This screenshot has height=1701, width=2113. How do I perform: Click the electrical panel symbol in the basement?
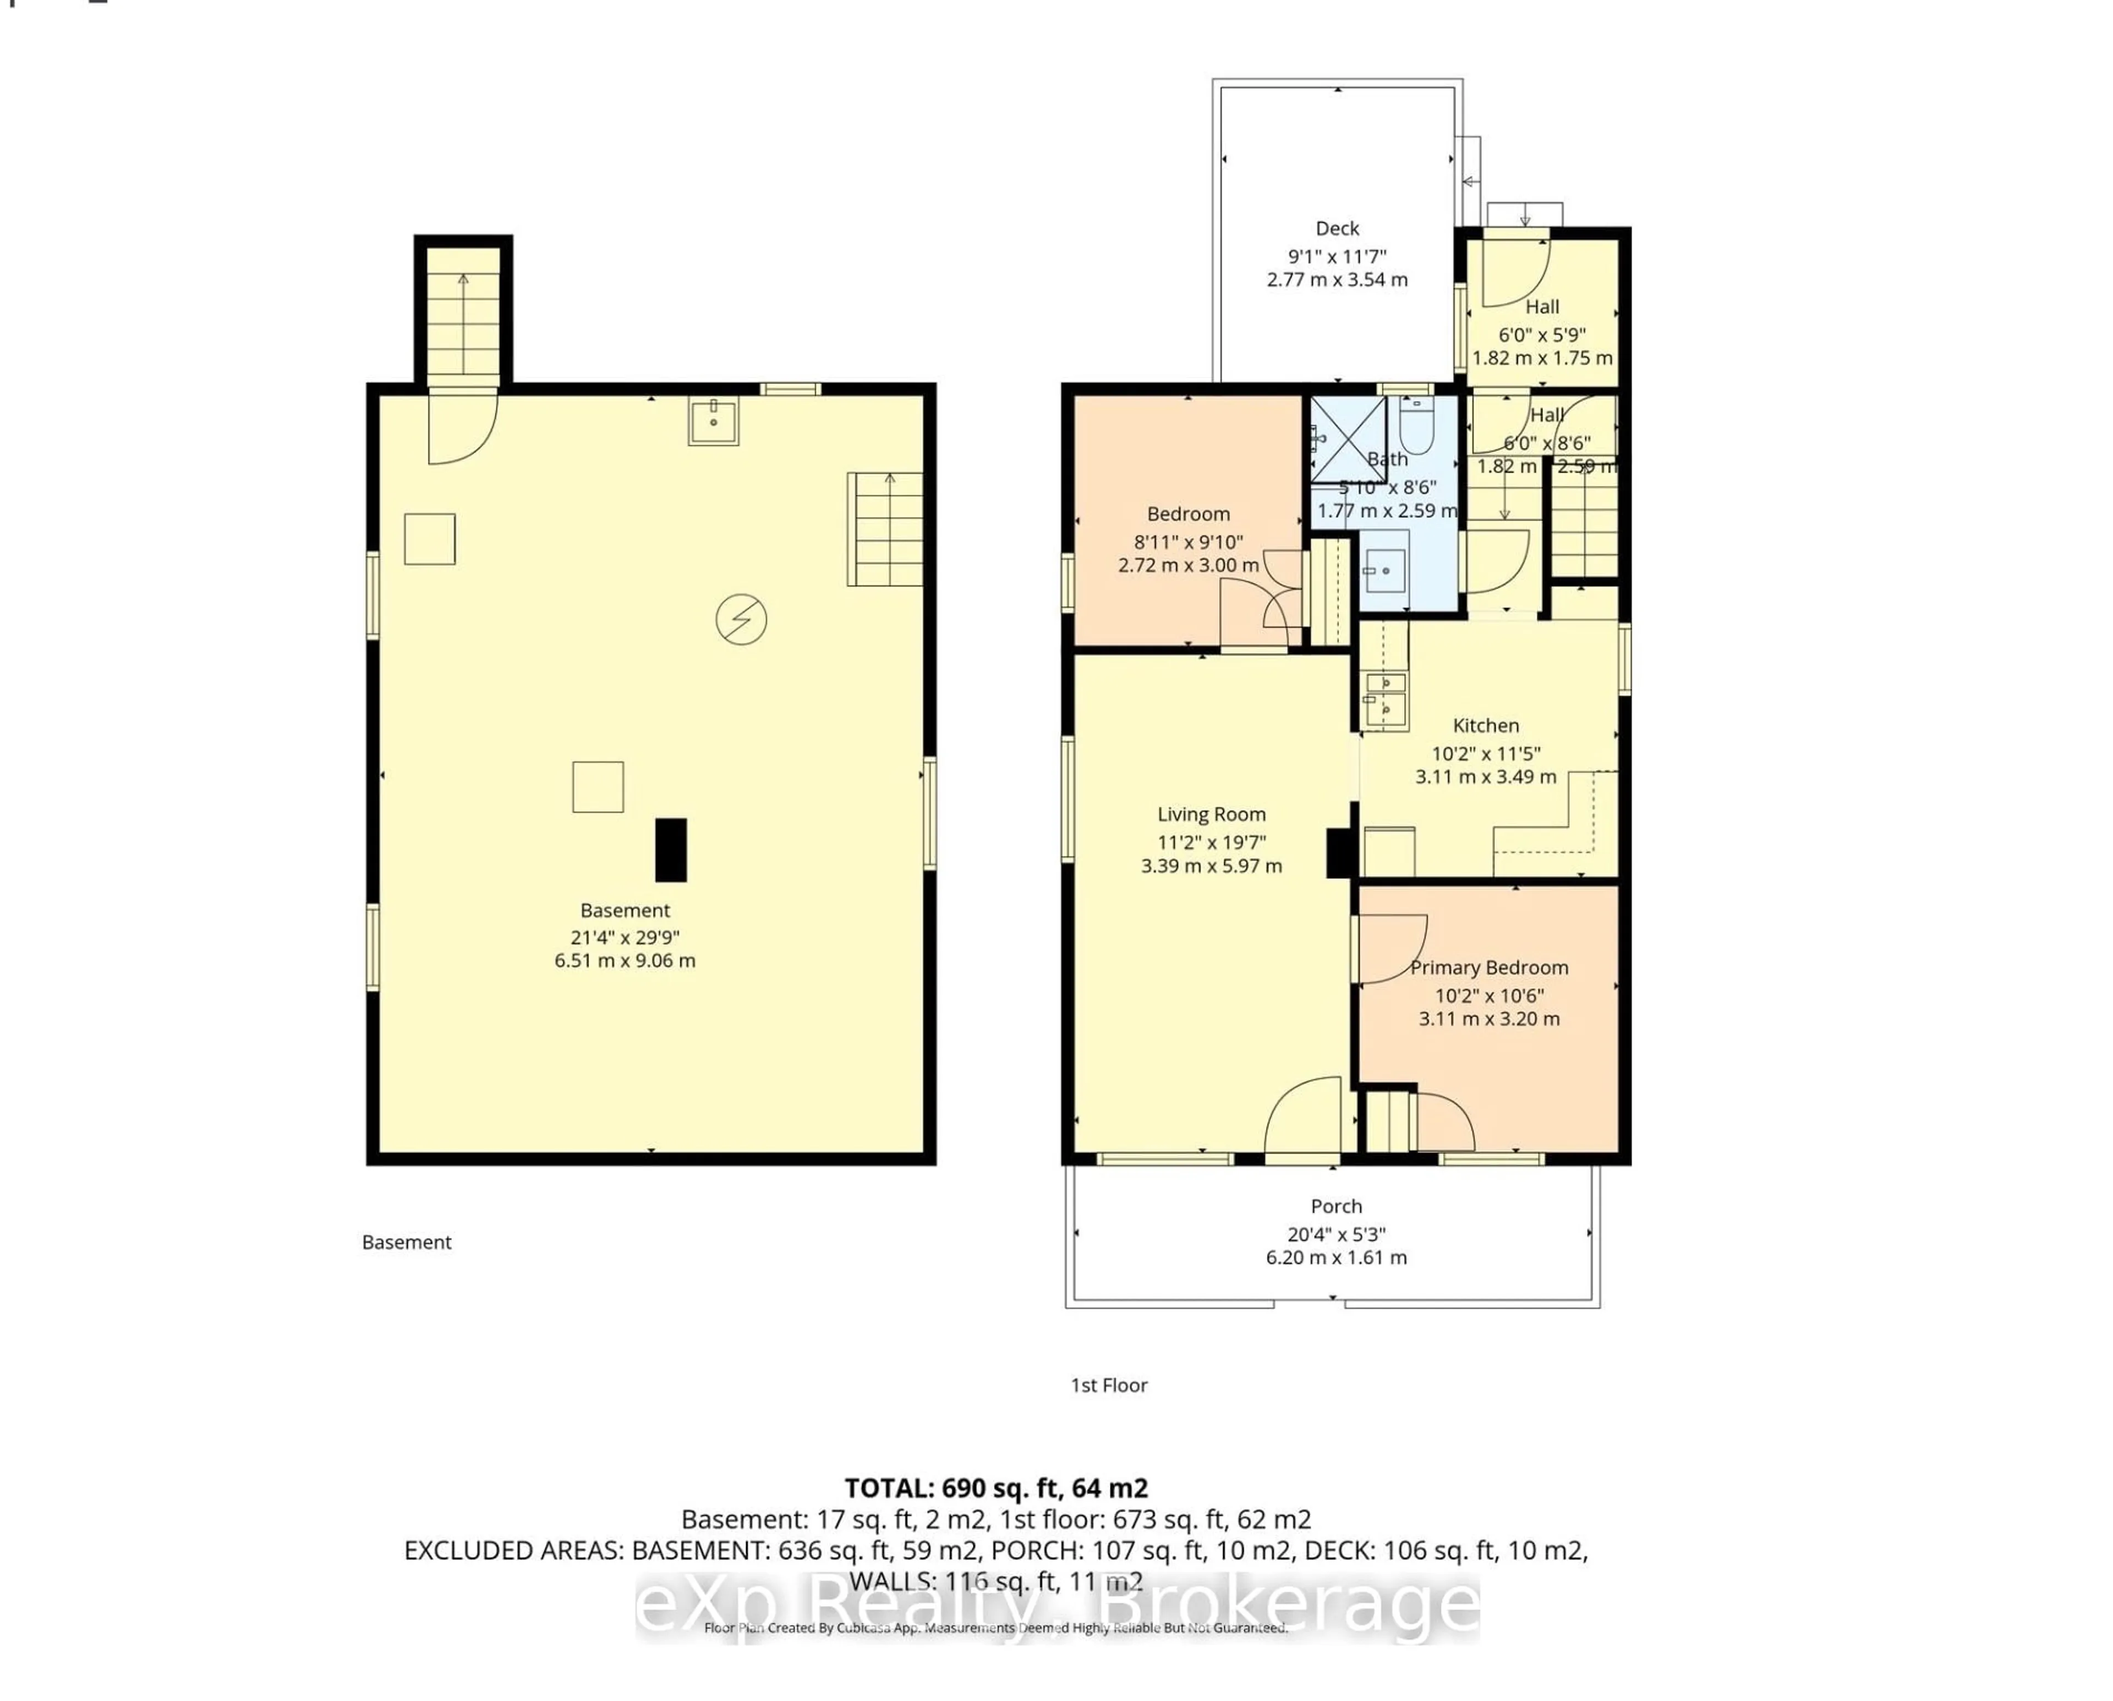pyautogui.click(x=740, y=620)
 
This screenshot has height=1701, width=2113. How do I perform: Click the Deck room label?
pyautogui.click(x=1337, y=228)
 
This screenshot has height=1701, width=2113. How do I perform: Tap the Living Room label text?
pyautogui.click(x=1211, y=814)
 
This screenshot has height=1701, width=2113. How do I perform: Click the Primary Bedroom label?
pyautogui.click(x=1488, y=967)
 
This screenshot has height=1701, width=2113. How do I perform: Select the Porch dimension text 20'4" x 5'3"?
pyautogui.click(x=1336, y=1234)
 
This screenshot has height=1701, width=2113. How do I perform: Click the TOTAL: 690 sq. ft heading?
pyautogui.click(x=996, y=1488)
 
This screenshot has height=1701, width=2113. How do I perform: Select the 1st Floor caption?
pyautogui.click(x=1108, y=1385)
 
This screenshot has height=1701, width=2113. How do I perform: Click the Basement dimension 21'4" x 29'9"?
pyautogui.click(x=625, y=937)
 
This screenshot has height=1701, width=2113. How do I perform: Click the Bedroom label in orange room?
pyautogui.click(x=1188, y=514)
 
